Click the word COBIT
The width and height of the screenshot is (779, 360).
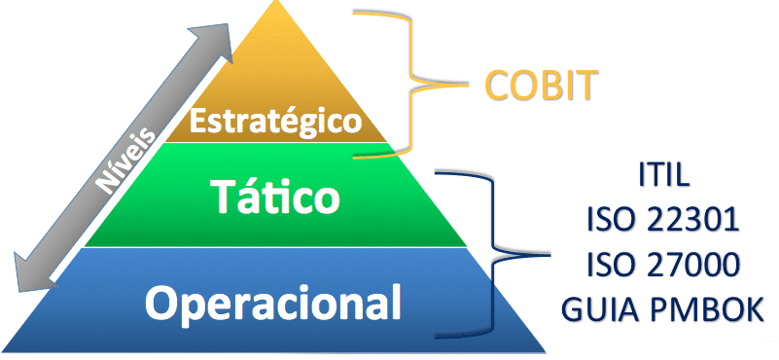pos(540,87)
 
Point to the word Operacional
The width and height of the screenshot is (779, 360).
pos(273,302)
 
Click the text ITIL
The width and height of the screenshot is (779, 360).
pos(664,176)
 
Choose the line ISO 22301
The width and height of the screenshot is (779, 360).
pos(664,220)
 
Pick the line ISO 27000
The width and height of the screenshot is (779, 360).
pos(664,264)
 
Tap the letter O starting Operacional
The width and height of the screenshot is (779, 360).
pos(162,302)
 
